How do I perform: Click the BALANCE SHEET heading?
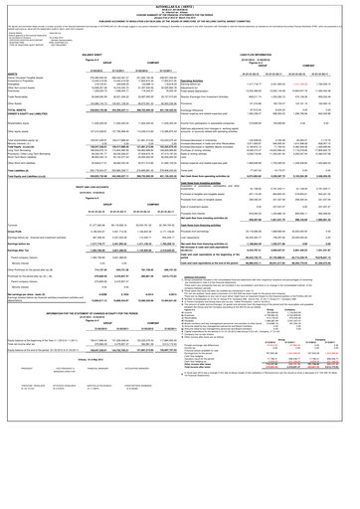pos(87,46)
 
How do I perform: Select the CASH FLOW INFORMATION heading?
pos(270,46)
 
